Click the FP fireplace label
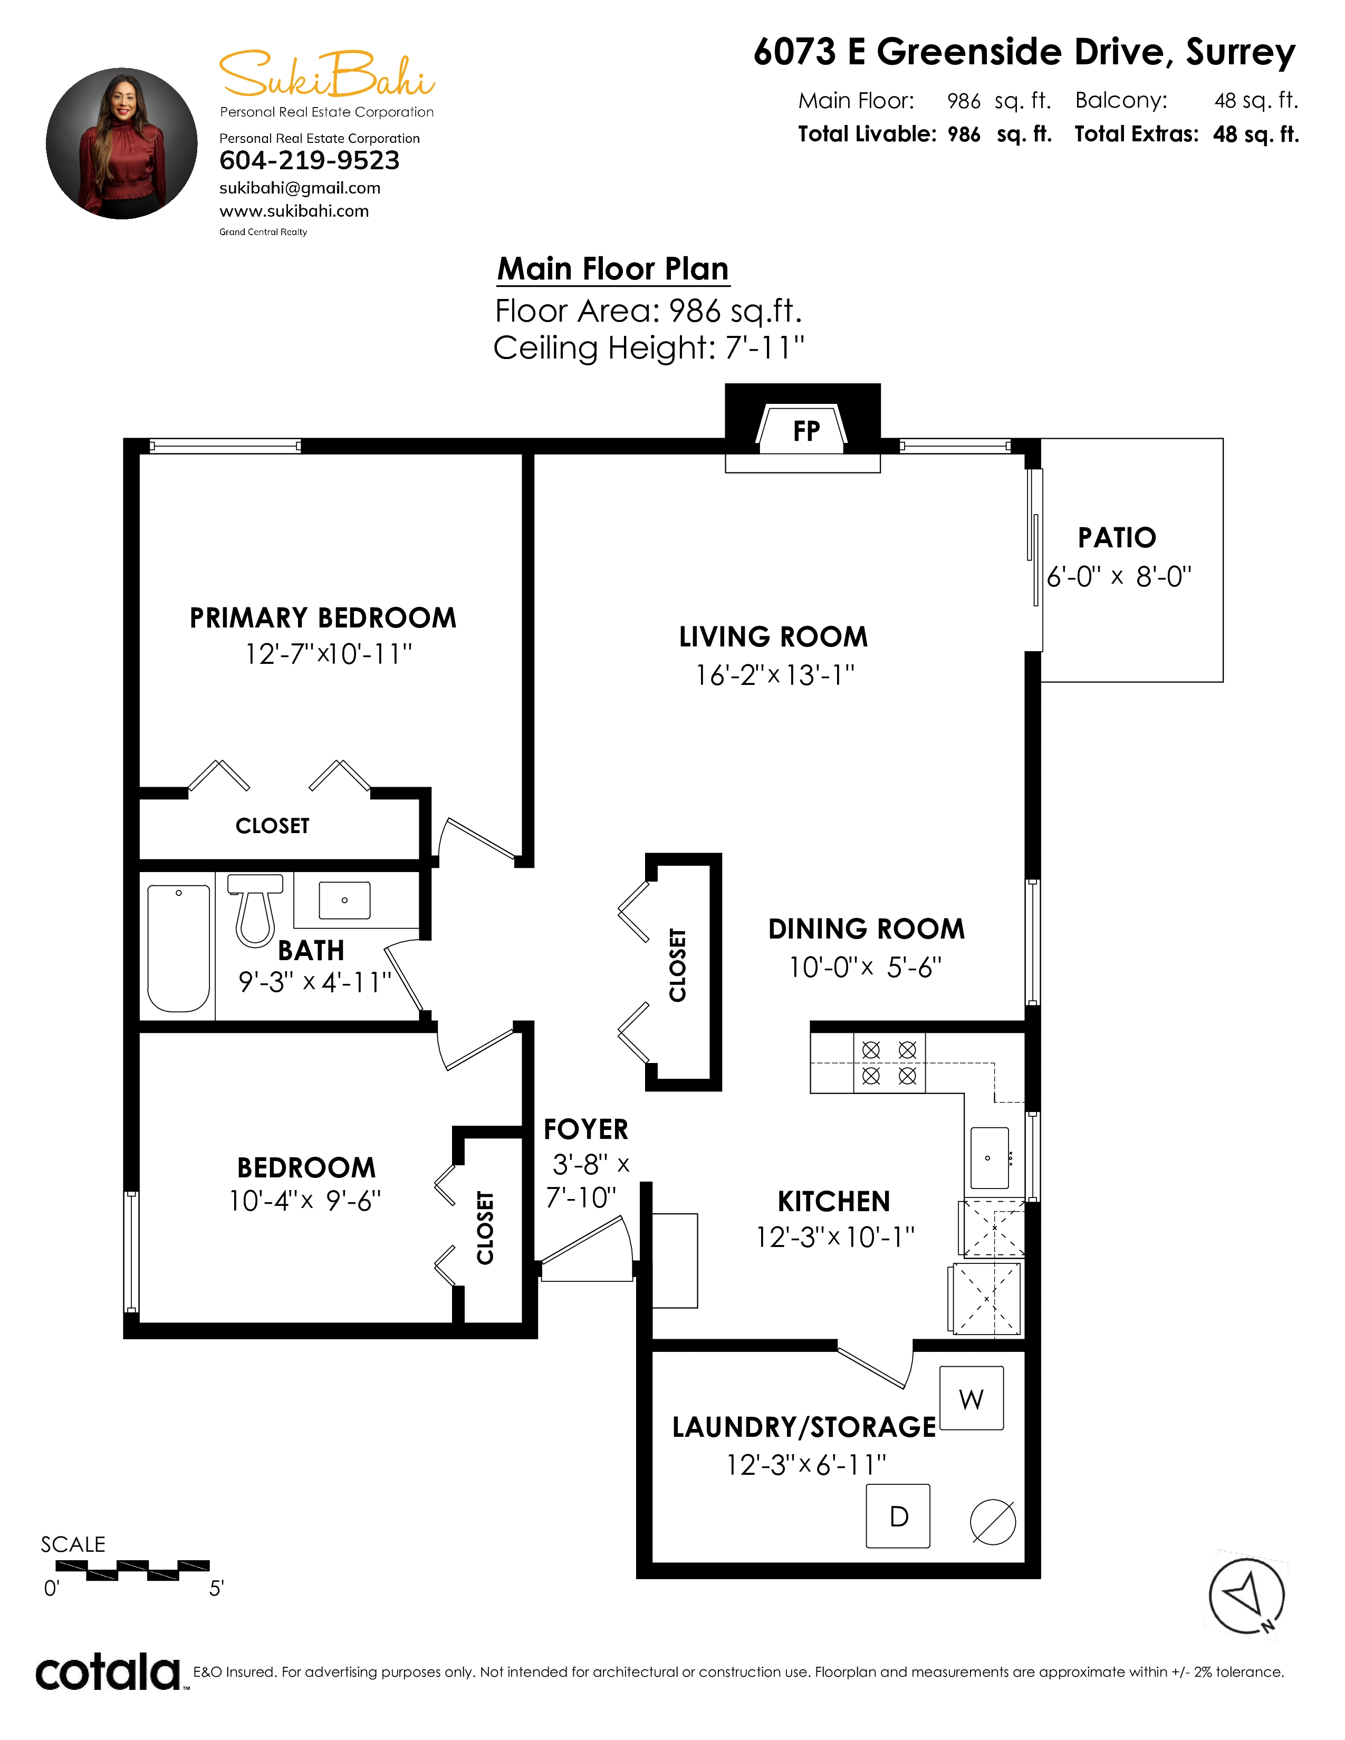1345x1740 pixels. (806, 431)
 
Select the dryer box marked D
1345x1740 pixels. (898, 1516)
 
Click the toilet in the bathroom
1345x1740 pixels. (255, 910)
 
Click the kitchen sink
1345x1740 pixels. (989, 1157)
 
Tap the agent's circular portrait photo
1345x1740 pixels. (121, 143)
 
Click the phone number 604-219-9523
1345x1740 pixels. (309, 160)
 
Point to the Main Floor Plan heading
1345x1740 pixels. (613, 269)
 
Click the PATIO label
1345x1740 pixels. (1117, 538)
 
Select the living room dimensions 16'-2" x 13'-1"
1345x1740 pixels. (774, 675)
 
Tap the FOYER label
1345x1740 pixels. (585, 1129)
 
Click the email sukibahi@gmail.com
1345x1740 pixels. (300, 189)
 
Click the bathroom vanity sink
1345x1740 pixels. (344, 900)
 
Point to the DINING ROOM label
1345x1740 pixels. (866, 929)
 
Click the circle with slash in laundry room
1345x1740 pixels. (993, 1523)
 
